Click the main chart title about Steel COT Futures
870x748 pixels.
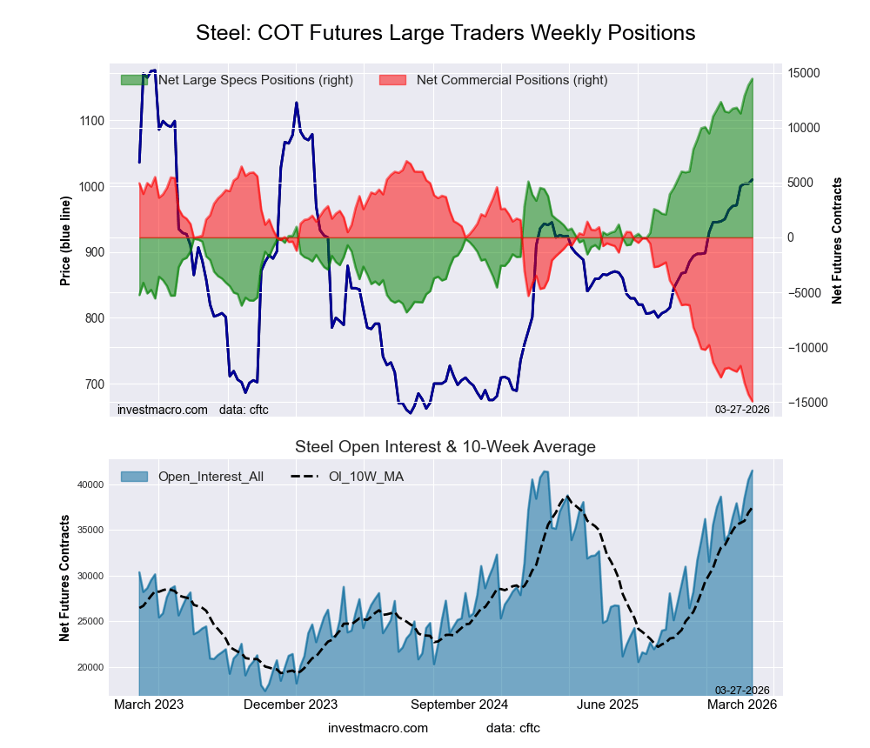click(x=445, y=33)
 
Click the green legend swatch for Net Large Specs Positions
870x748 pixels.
click(x=134, y=80)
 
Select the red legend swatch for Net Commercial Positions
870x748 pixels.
click(x=393, y=80)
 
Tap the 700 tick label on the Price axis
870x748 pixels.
click(x=92, y=384)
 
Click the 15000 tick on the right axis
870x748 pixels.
click(x=806, y=73)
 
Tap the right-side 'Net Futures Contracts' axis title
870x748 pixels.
click(x=837, y=241)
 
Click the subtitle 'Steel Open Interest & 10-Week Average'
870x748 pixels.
click(x=445, y=447)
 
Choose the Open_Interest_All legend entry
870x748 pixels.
click(x=191, y=476)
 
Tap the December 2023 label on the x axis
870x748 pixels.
click(x=291, y=705)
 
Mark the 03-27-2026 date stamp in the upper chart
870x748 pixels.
click(x=742, y=410)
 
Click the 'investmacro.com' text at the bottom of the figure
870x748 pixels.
click(x=378, y=727)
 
